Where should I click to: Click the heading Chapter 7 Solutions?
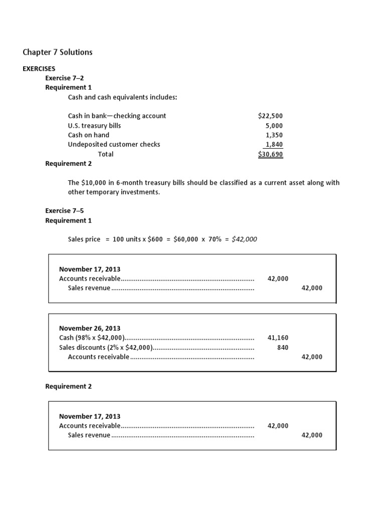(58, 52)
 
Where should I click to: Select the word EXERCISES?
(39, 69)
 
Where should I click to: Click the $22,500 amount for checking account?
(270, 116)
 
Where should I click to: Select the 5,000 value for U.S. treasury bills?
(274, 125)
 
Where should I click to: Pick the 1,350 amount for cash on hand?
(274, 135)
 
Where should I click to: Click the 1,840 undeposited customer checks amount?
(274, 144)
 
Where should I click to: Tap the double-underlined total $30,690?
(270, 154)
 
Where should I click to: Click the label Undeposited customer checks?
(114, 144)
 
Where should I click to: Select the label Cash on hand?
(88, 135)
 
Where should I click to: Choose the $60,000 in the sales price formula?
(184, 239)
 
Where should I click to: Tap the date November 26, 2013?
(90, 329)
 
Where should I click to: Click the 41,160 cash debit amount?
(278, 338)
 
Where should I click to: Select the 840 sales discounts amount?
(282, 347)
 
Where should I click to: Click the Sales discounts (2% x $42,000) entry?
(106, 347)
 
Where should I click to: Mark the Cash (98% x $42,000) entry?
(92, 338)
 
